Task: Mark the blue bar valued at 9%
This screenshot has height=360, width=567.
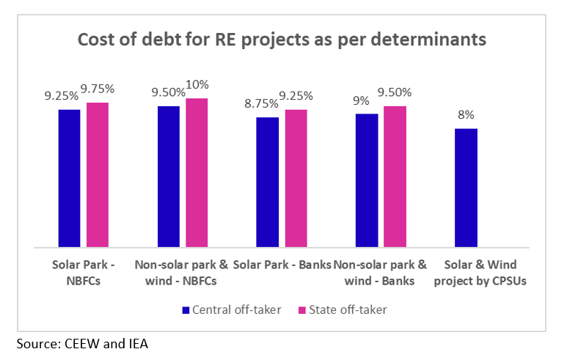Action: click(x=367, y=180)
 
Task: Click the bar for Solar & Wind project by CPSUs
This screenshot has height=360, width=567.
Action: click(x=466, y=188)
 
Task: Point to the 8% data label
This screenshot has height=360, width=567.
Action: click(x=467, y=115)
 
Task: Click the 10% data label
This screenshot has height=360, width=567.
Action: click(x=197, y=85)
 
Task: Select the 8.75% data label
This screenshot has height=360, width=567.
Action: click(x=266, y=103)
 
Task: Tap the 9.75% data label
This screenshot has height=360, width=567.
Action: click(x=98, y=89)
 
